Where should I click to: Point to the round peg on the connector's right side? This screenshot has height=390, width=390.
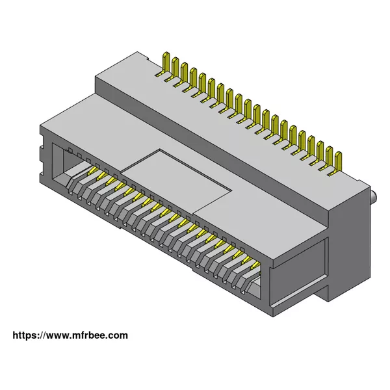point(373,196)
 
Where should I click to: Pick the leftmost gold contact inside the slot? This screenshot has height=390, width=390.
point(93,170)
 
